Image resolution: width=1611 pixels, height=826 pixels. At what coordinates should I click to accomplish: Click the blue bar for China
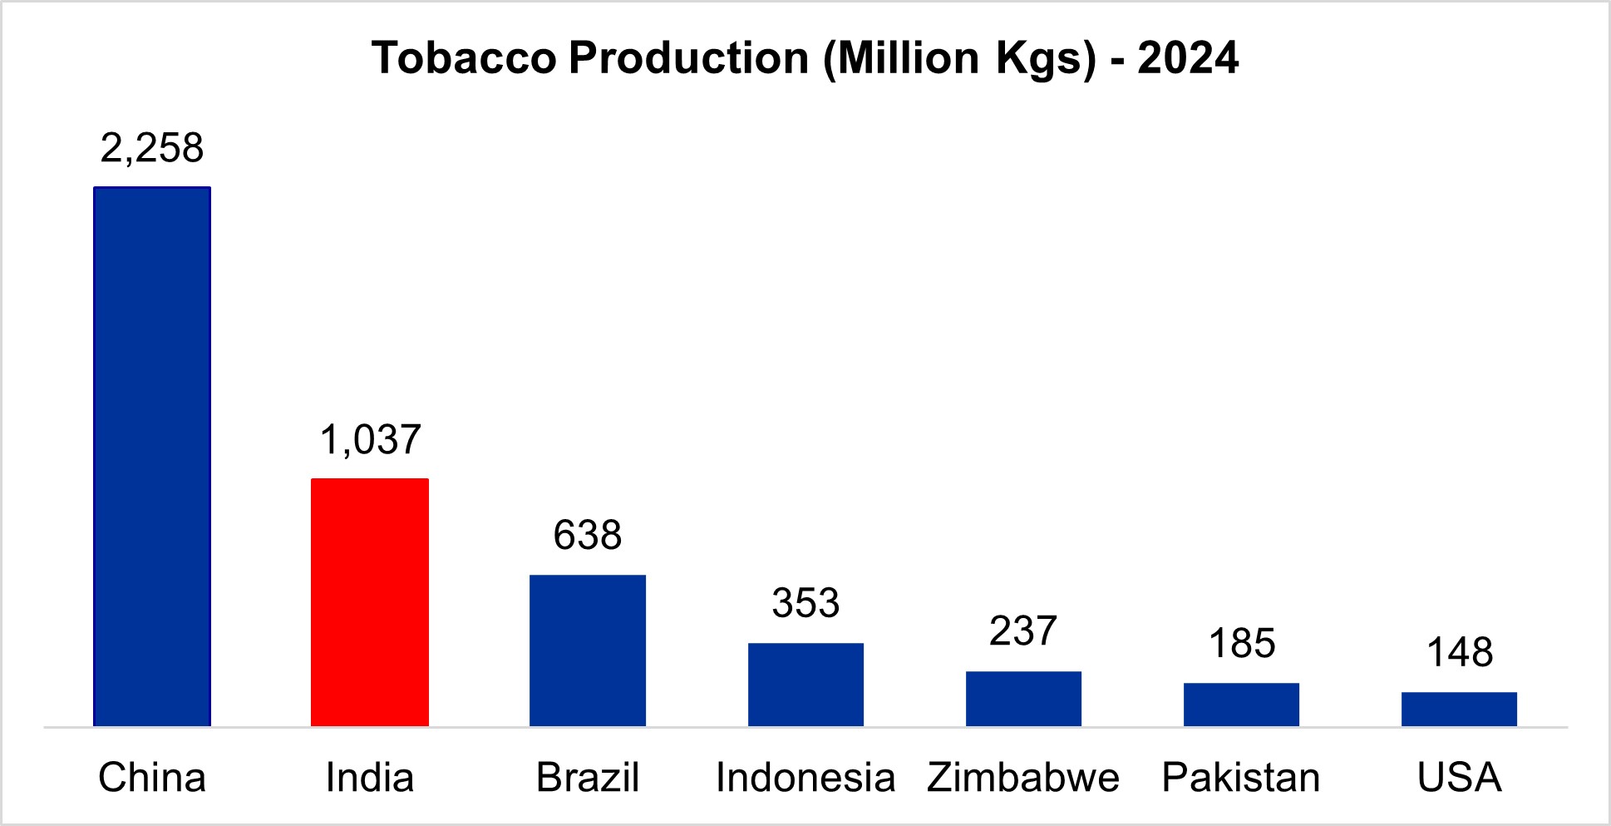(152, 457)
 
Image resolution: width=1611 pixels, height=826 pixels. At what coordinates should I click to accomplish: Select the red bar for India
(370, 602)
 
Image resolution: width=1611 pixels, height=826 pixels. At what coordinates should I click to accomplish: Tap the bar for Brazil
(588, 650)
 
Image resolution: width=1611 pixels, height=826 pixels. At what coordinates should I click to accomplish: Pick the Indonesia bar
(805, 685)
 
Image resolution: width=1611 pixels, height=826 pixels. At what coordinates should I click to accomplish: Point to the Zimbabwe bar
(1023, 699)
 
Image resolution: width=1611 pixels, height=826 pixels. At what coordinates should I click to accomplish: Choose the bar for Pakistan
(1241, 705)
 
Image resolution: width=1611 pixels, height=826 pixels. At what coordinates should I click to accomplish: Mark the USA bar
(1459, 709)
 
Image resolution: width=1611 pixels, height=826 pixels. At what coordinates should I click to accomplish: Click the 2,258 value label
(152, 148)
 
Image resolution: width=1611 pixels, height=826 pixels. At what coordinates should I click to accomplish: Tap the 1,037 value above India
(371, 439)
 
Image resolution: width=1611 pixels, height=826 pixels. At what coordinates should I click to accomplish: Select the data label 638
(588, 536)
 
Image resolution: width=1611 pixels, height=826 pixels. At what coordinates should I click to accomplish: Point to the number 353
(805, 603)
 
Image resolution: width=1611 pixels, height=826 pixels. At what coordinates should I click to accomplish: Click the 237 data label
(1023, 631)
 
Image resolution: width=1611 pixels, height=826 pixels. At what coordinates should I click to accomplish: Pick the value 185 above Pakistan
(1242, 644)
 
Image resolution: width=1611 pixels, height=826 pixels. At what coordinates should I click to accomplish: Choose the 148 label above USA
(1460, 653)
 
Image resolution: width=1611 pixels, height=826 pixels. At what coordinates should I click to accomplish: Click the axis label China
(152, 778)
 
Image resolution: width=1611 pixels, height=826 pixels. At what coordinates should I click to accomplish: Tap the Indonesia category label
(805, 778)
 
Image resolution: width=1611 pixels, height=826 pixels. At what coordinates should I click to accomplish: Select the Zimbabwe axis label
(1023, 778)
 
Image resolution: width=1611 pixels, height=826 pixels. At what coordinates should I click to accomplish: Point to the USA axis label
(1459, 778)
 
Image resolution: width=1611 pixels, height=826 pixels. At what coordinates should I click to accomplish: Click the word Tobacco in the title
(464, 58)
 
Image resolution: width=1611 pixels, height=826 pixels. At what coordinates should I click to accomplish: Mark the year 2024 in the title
(1188, 58)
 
